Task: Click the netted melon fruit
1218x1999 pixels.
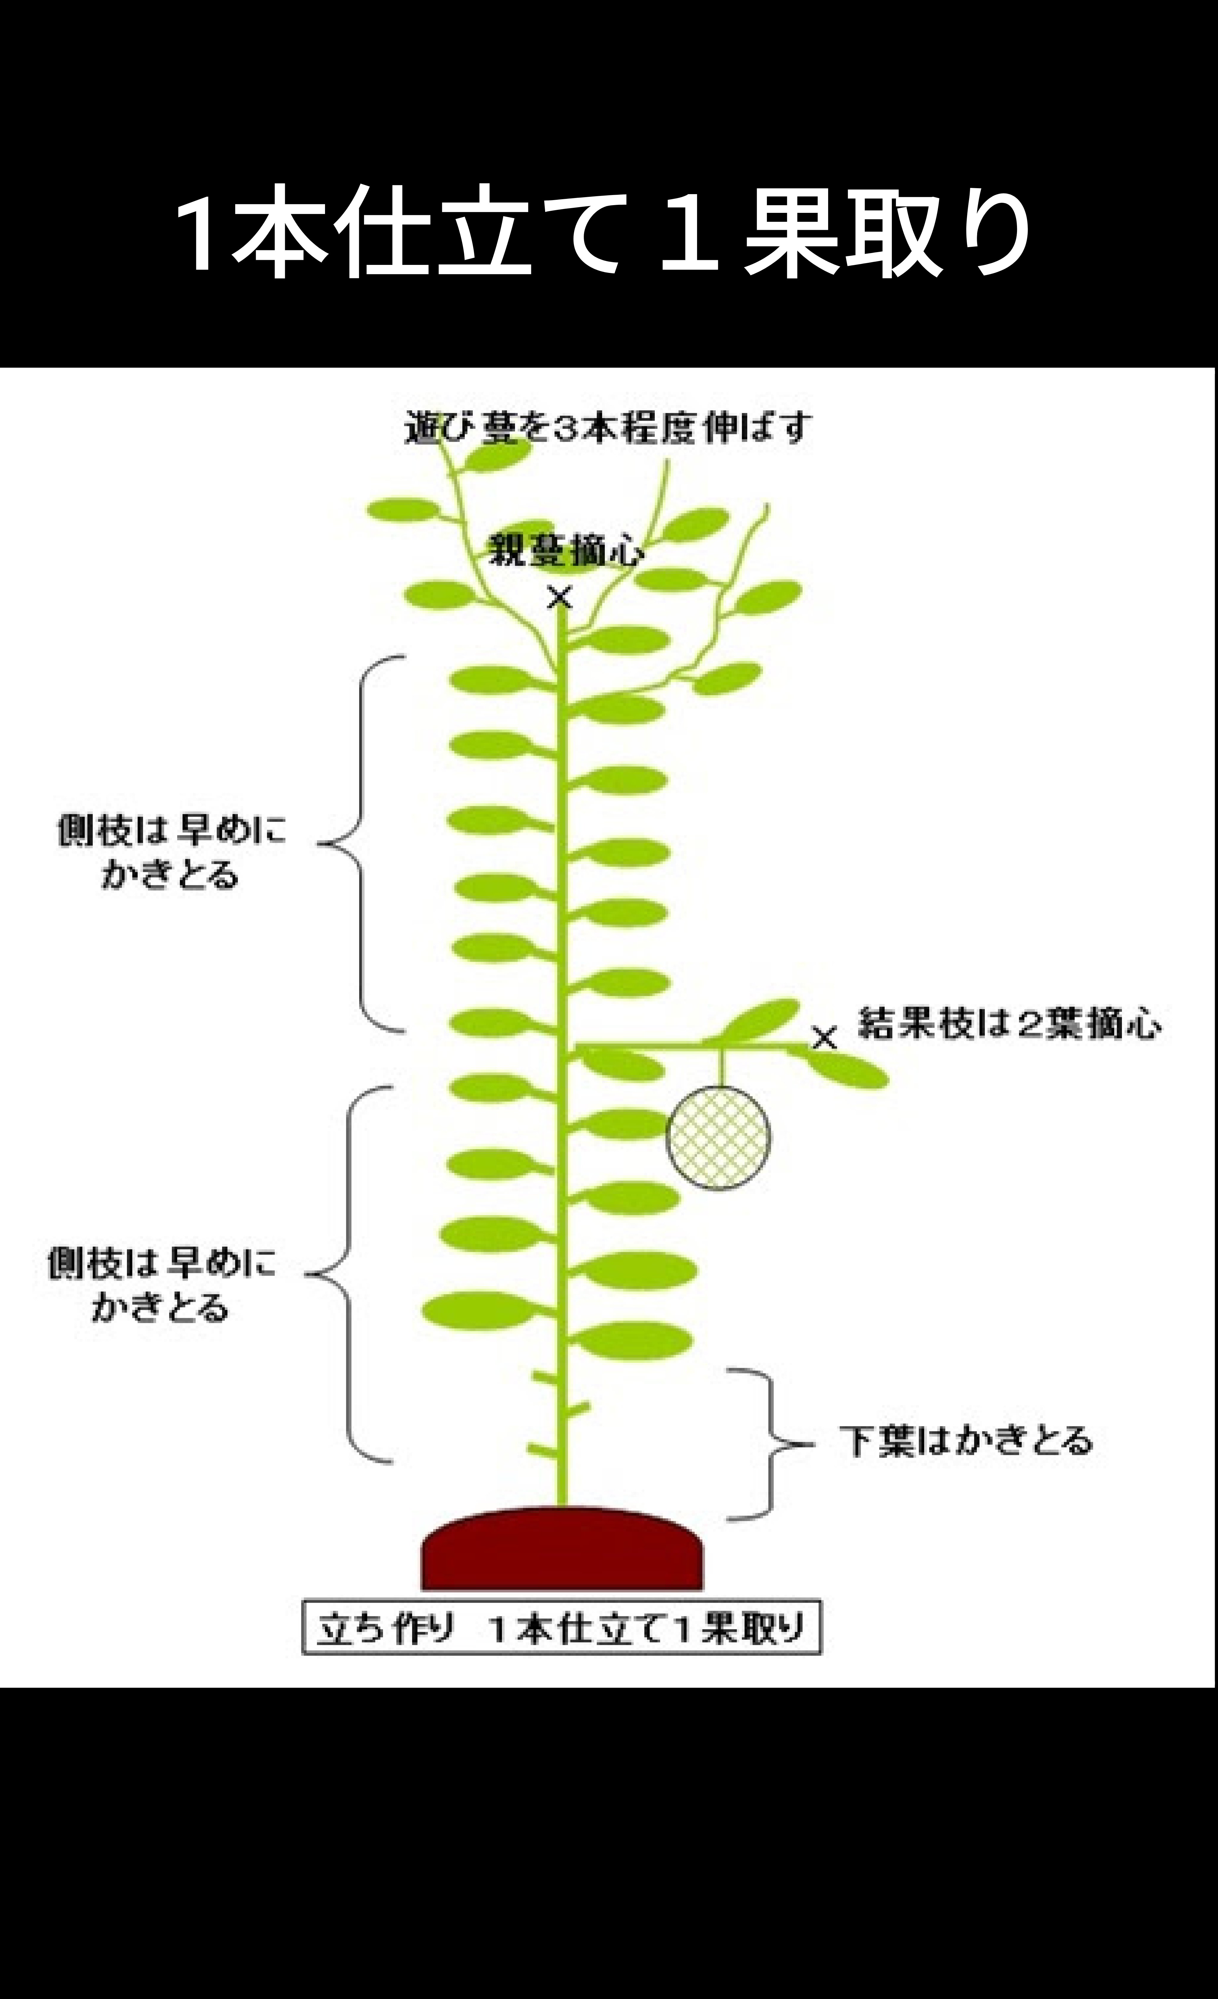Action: point(718,1137)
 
